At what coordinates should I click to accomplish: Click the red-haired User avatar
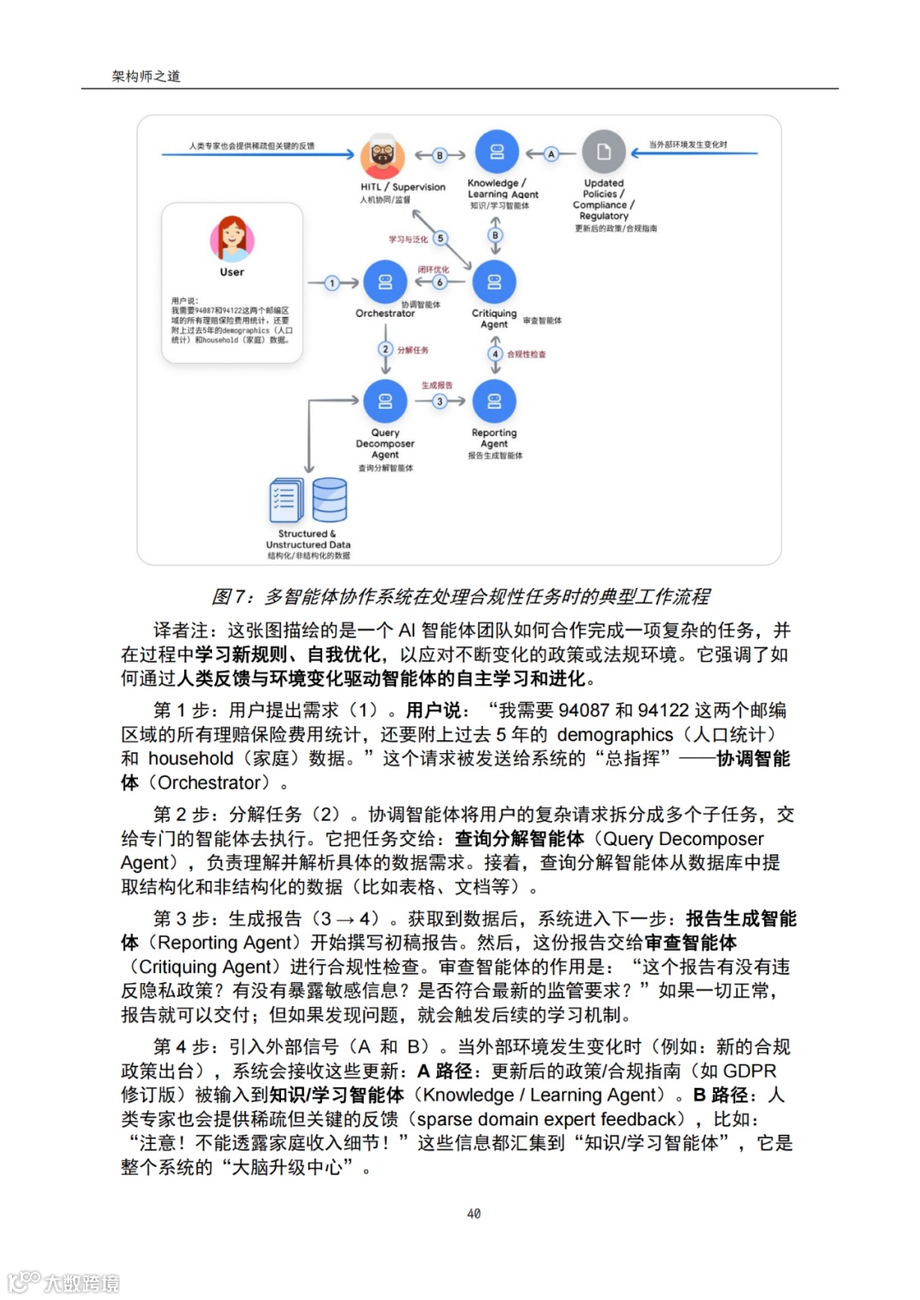(232, 239)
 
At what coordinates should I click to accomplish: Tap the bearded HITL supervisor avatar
(382, 154)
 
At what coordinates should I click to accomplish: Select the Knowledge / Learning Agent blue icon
(497, 152)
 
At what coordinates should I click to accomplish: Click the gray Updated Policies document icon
(604, 152)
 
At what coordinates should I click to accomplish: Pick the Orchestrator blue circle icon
(385, 282)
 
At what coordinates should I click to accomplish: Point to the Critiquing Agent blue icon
(494, 282)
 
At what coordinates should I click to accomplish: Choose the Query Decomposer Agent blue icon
(385, 400)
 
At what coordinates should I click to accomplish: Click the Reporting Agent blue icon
(494, 400)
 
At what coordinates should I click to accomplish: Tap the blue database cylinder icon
(330, 499)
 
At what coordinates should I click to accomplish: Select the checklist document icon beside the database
(285, 500)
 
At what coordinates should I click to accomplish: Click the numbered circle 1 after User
(332, 283)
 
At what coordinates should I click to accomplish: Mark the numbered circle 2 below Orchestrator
(385, 349)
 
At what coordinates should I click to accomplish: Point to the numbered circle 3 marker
(440, 401)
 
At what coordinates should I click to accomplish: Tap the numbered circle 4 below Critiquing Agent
(495, 354)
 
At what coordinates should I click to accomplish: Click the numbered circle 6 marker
(440, 282)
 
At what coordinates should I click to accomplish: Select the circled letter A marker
(551, 154)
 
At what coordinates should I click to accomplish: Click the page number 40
(474, 1213)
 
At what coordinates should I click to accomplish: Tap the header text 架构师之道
(146, 76)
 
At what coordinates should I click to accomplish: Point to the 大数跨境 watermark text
(82, 1283)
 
